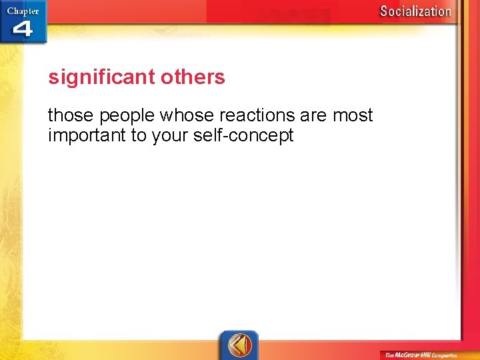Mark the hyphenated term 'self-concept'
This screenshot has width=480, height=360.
click(x=241, y=137)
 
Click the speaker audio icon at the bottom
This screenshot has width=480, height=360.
click(x=239, y=345)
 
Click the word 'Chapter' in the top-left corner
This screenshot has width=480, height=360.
click(x=23, y=11)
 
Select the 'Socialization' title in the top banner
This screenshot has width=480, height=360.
click(x=415, y=11)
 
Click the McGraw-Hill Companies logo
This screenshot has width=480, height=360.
click(x=420, y=355)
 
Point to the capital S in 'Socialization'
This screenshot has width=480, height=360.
click(x=384, y=11)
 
